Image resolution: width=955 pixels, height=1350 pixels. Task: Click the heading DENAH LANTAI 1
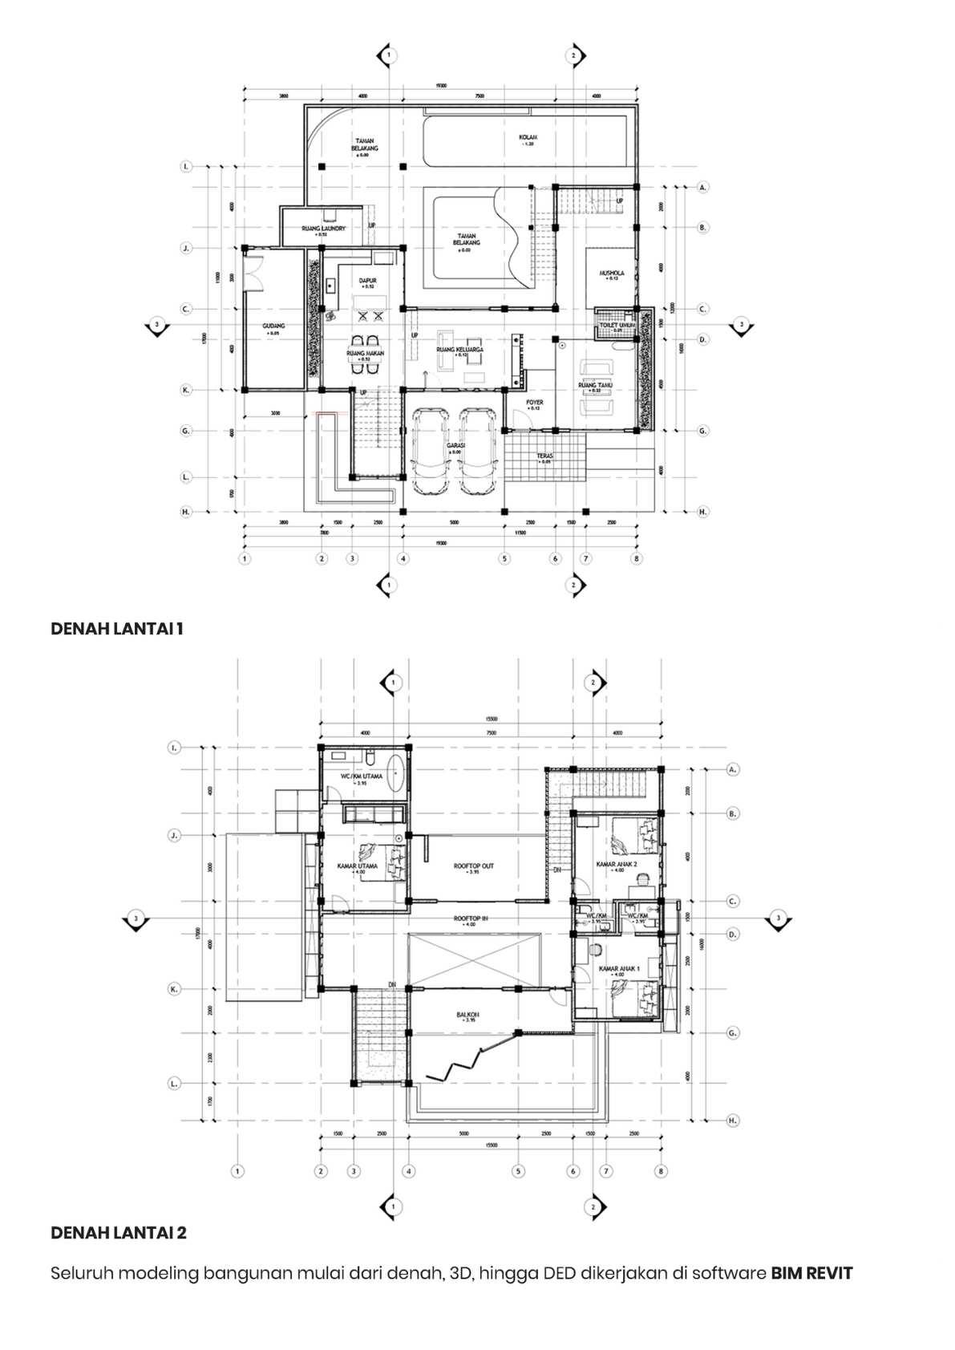(x=117, y=629)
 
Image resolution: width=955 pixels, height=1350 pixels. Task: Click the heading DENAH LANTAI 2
(x=119, y=1232)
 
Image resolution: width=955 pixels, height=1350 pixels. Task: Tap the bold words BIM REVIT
(x=811, y=1273)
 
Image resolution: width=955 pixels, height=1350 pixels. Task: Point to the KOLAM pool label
(x=527, y=137)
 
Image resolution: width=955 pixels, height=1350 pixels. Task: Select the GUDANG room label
(x=273, y=326)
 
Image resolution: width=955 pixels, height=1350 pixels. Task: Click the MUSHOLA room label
(x=611, y=274)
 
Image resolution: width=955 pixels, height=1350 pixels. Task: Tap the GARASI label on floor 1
(x=456, y=444)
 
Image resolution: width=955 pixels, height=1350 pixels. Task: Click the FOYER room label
(x=534, y=403)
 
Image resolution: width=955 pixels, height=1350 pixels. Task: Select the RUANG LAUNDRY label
(x=323, y=229)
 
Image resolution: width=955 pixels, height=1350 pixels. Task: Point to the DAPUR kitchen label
(x=367, y=281)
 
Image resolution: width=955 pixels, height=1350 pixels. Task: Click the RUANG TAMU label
(x=595, y=385)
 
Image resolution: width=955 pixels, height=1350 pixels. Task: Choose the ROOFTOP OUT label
(x=473, y=866)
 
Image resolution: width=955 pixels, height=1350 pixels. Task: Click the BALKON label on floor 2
(x=468, y=1016)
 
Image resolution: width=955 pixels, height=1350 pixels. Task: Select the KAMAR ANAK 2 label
(x=617, y=865)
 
